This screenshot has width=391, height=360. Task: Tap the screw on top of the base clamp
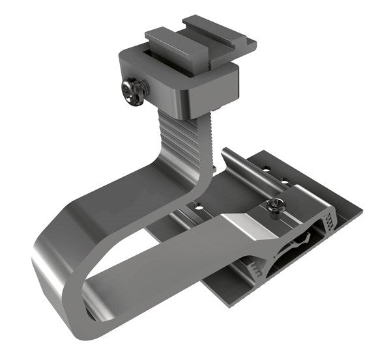click(x=275, y=207)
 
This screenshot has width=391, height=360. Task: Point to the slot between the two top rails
click(x=195, y=40)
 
